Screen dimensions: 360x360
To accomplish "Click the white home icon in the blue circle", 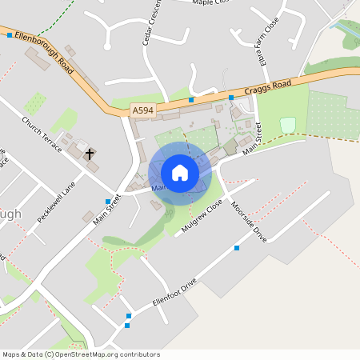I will [x=180, y=173].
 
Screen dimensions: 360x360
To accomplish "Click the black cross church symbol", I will [x=90, y=153].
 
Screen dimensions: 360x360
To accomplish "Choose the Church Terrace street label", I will [x=42, y=136].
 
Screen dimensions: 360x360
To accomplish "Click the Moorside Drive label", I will [x=248, y=222].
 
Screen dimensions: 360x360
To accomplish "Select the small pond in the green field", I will [x=287, y=124].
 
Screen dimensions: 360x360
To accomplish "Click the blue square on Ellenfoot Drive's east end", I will [x=237, y=248].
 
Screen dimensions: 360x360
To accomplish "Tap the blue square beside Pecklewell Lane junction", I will [x=108, y=201].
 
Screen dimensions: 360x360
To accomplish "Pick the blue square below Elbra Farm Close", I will [x=231, y=98].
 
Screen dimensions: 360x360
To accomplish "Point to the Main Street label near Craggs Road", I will [x=253, y=138].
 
